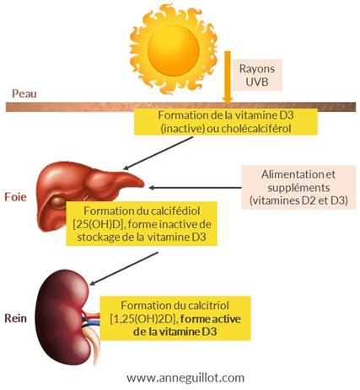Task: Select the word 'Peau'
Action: click(22, 93)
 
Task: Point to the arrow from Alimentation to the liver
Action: click(194, 184)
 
